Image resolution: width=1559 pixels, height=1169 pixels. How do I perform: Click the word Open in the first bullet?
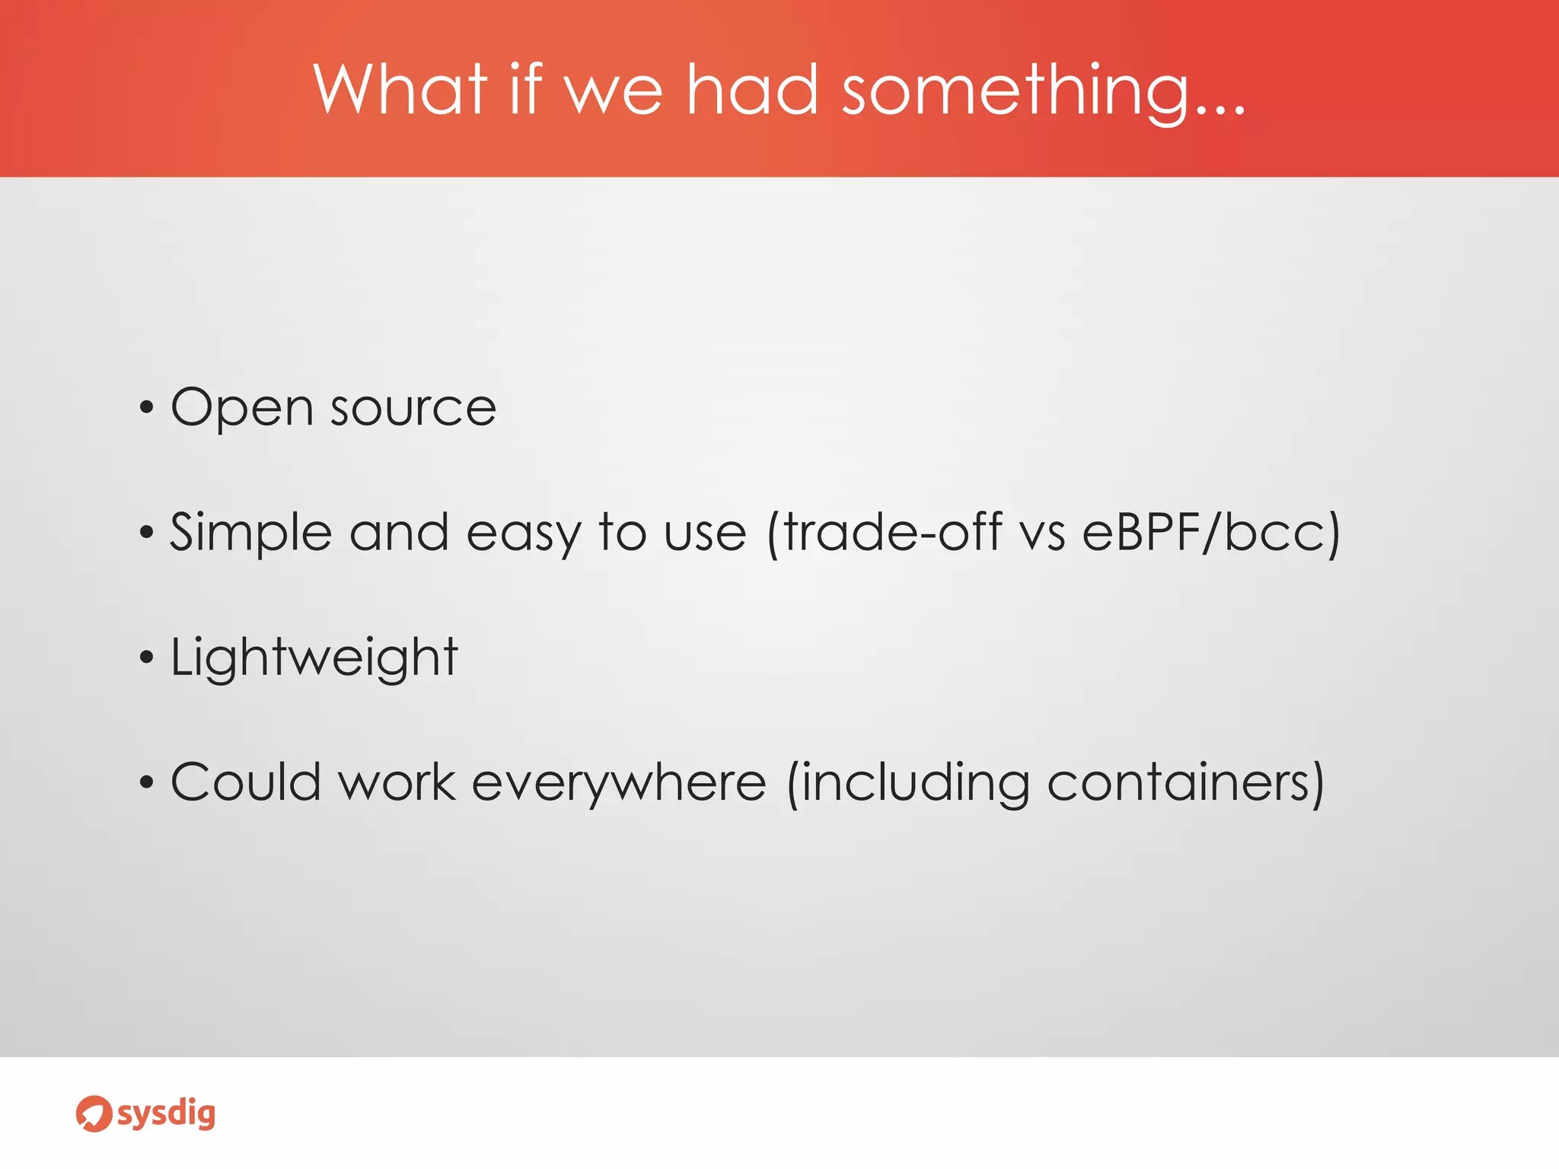coord(241,409)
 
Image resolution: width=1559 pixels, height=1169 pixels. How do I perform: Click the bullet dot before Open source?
coord(147,409)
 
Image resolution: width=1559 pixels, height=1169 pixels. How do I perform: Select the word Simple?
coord(250,533)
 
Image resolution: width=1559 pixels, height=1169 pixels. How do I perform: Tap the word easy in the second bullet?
coord(524,534)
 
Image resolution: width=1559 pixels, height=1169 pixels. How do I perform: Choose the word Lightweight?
coord(314,658)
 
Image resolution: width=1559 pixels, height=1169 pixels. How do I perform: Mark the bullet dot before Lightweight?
coord(147,658)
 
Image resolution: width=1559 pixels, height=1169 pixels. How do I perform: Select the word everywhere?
coord(618,783)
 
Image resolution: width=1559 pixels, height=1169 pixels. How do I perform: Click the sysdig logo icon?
coord(94,1113)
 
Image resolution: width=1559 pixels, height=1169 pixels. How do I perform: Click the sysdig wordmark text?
coord(166,1115)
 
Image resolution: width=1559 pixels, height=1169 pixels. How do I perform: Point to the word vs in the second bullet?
coord(1042,534)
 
